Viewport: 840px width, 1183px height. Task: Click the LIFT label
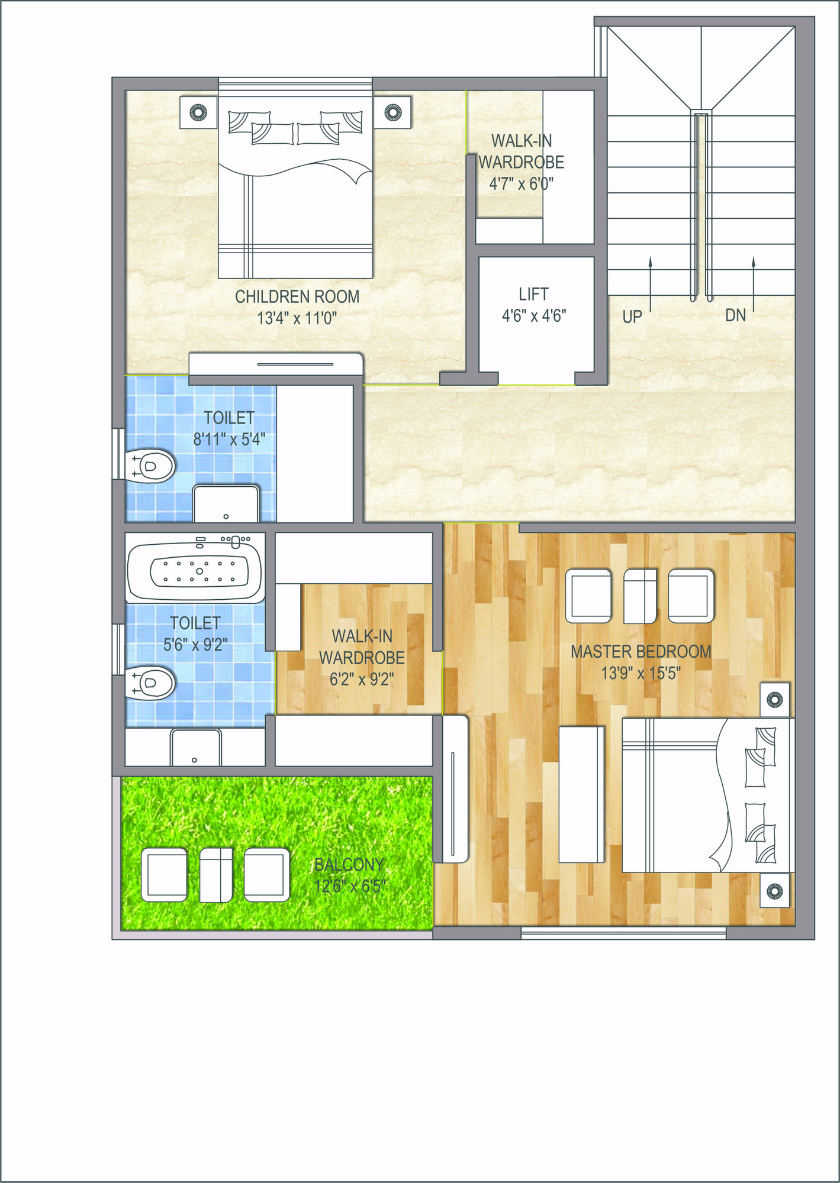click(x=533, y=294)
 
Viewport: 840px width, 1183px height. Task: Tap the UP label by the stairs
click(x=632, y=317)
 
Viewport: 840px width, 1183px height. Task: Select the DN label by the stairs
click(x=735, y=315)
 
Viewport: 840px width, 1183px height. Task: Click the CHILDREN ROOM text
click(x=297, y=296)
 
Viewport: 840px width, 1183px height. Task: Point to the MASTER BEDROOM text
click(x=641, y=652)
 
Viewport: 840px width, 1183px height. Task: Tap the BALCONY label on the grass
click(x=349, y=865)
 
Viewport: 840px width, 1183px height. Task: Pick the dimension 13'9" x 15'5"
click(x=641, y=674)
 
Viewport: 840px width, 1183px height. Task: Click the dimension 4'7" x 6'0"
click(x=521, y=184)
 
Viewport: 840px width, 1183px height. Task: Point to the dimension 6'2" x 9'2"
click(x=362, y=680)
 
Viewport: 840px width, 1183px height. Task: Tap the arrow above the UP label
click(x=651, y=284)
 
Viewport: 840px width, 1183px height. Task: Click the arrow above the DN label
click(x=754, y=284)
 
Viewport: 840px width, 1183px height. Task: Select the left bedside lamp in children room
click(x=198, y=112)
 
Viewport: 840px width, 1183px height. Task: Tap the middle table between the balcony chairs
click(x=216, y=875)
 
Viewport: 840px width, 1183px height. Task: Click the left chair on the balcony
click(x=165, y=874)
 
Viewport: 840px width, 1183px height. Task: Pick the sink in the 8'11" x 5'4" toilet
click(x=226, y=503)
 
